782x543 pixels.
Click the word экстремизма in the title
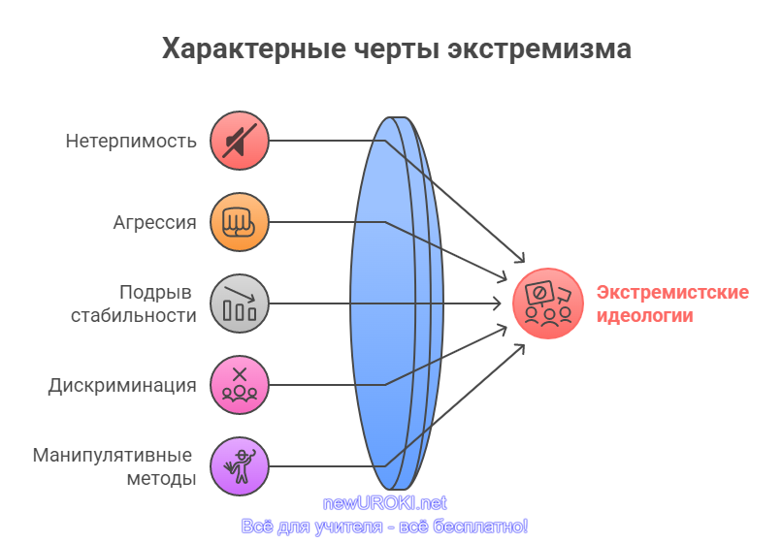(x=539, y=49)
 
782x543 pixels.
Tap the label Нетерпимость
(x=131, y=142)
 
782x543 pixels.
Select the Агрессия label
(x=154, y=222)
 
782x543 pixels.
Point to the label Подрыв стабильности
(x=134, y=303)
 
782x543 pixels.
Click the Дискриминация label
(x=122, y=386)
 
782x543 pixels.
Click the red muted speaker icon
(x=240, y=141)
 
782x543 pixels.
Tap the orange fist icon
(x=240, y=222)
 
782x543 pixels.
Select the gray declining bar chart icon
(x=240, y=303)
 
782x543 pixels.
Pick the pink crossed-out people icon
(x=240, y=385)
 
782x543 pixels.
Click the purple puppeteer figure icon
(x=240, y=466)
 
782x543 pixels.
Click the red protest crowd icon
(x=548, y=303)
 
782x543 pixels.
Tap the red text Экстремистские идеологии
(x=672, y=303)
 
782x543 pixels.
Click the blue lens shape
(x=397, y=303)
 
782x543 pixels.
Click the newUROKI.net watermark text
(x=384, y=503)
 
